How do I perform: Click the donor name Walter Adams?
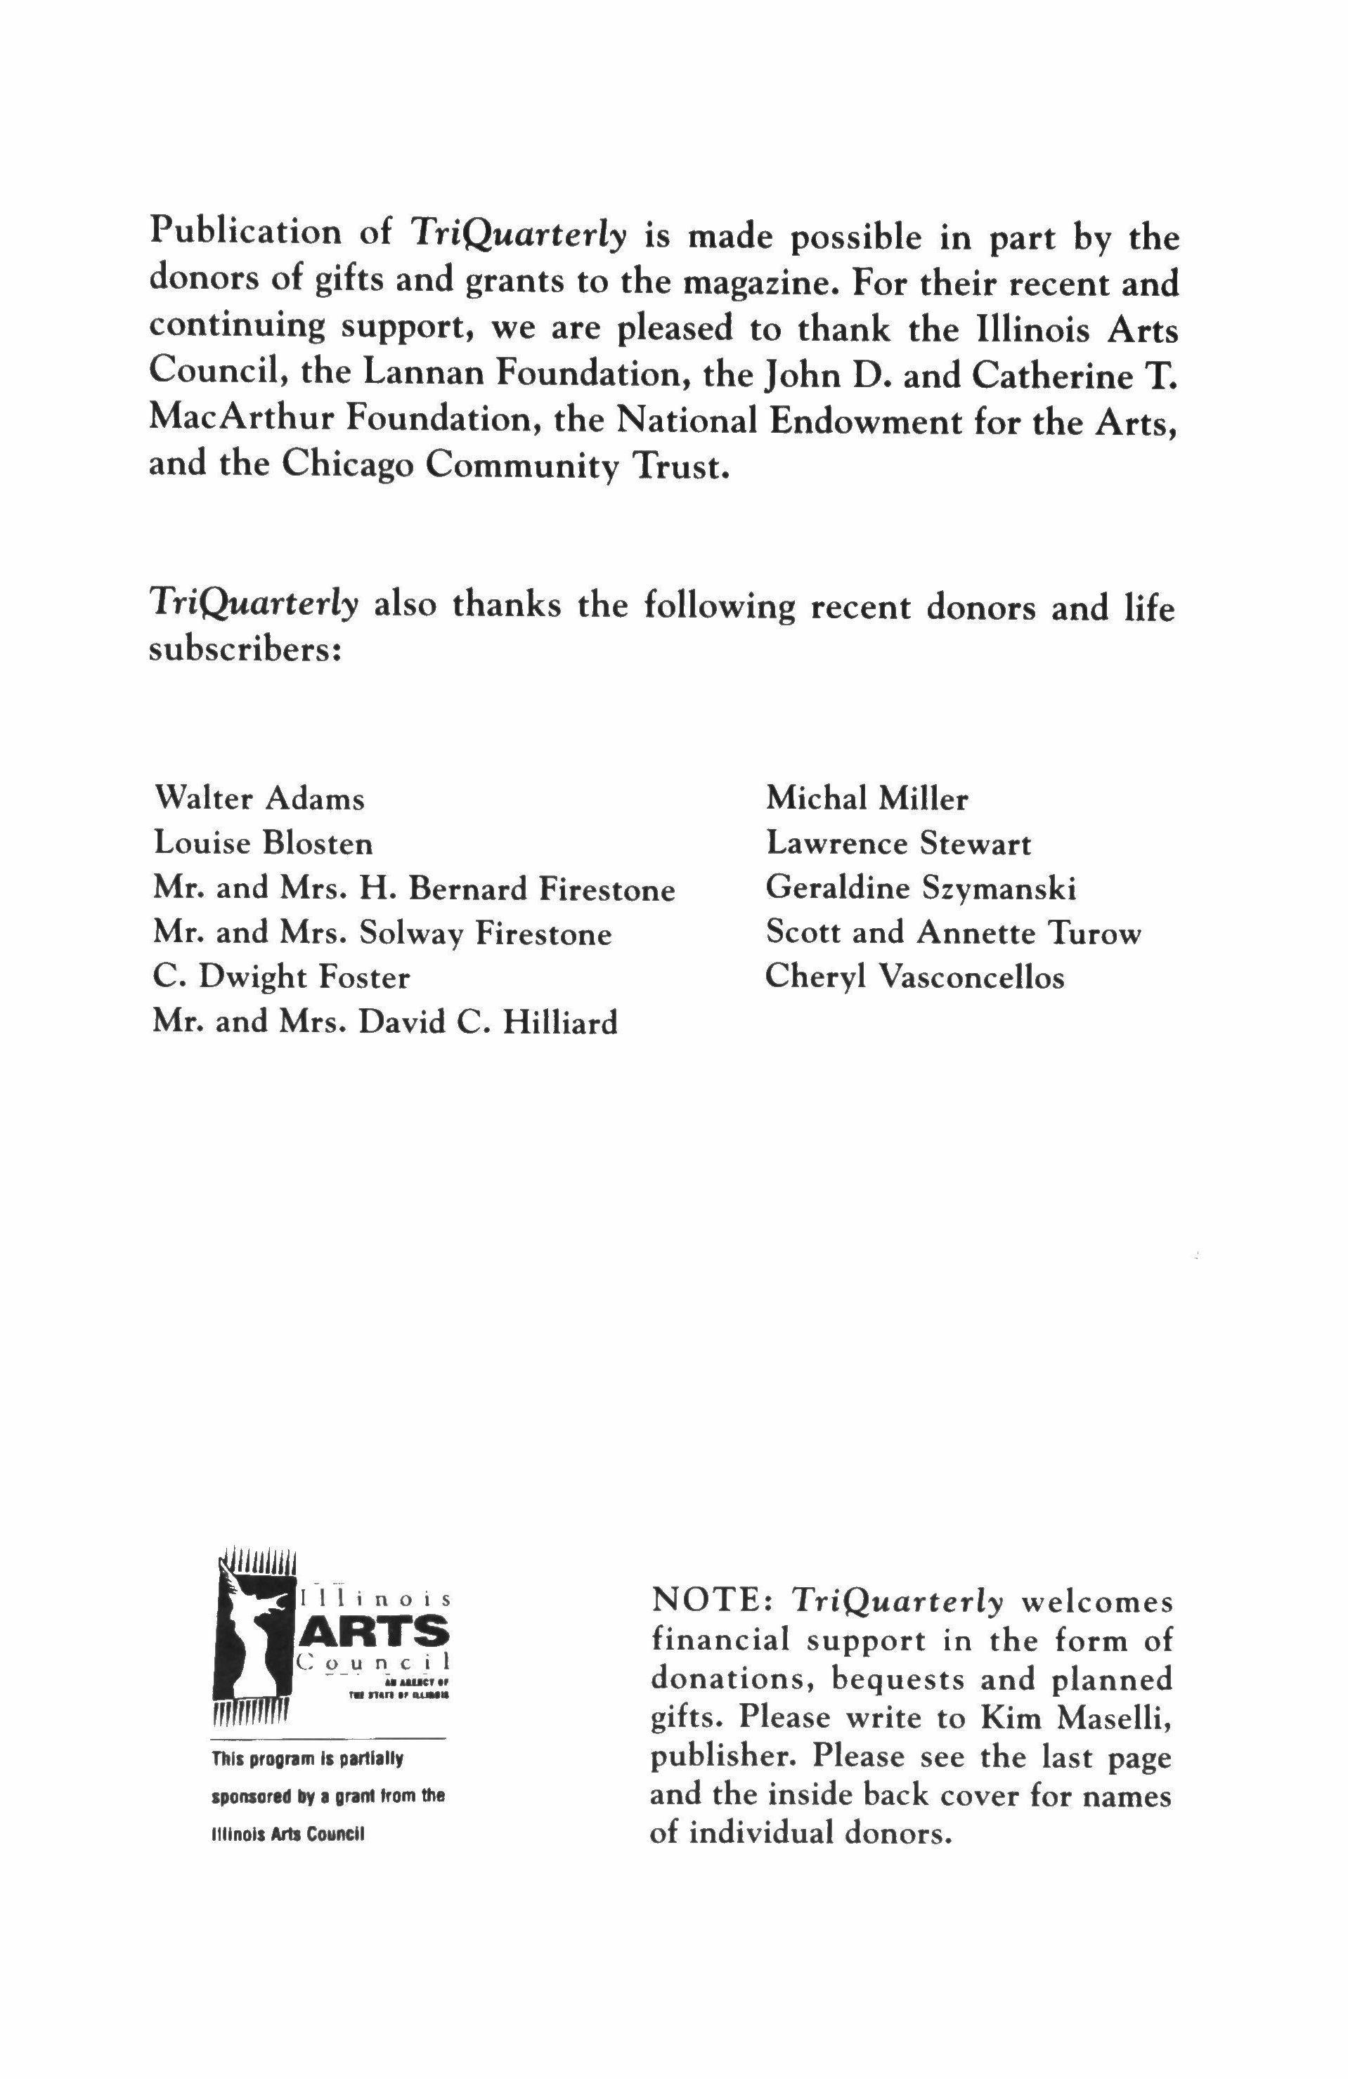(x=259, y=798)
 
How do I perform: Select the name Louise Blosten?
(x=263, y=843)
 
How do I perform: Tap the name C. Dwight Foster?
(x=280, y=977)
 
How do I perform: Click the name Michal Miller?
(x=867, y=798)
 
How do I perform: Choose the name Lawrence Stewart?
(x=898, y=843)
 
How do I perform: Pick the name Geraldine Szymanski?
(x=920, y=888)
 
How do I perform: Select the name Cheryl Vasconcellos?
(x=914, y=977)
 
